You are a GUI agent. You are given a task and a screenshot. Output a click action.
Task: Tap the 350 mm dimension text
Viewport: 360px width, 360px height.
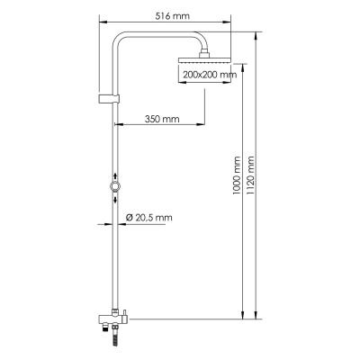(x=162, y=118)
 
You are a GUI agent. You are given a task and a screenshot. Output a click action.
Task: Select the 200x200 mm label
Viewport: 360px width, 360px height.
(x=207, y=75)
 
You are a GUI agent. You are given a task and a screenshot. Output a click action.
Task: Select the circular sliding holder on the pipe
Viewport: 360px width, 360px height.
(x=113, y=187)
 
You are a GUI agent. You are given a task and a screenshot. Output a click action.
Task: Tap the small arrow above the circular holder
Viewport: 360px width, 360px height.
(x=113, y=176)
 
